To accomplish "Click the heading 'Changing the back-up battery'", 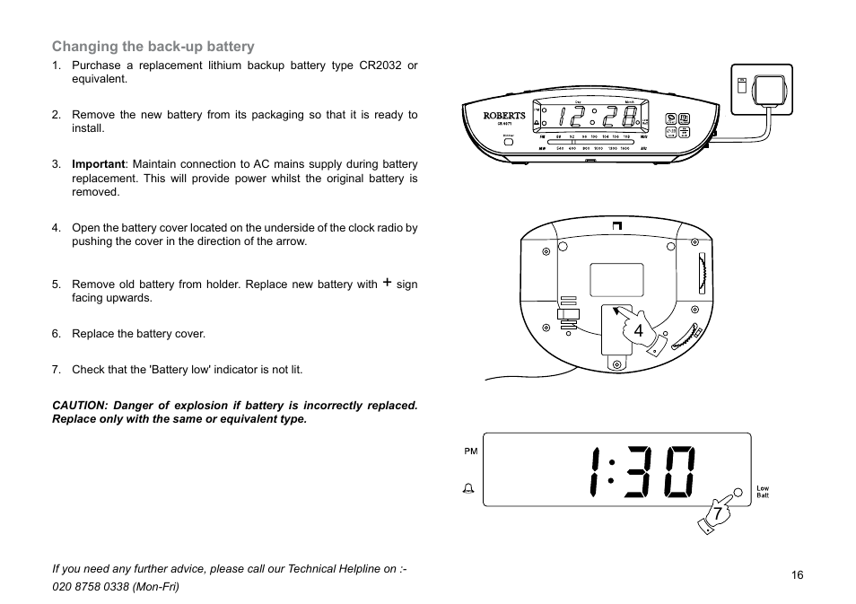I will [153, 47].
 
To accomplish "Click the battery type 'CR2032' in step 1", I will [380, 66].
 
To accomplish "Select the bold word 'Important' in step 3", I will [98, 164].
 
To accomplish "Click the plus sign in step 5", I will [387, 283].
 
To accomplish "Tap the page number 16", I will [797, 575].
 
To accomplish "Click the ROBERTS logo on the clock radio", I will [504, 116].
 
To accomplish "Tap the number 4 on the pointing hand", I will [638, 331].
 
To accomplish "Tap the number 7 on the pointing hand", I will [717, 513].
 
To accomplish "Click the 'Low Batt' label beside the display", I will [762, 492].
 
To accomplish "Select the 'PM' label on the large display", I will [470, 451].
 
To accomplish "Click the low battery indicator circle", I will [738, 492].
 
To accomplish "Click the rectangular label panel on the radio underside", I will [616, 280].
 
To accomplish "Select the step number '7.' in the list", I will [56, 369].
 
